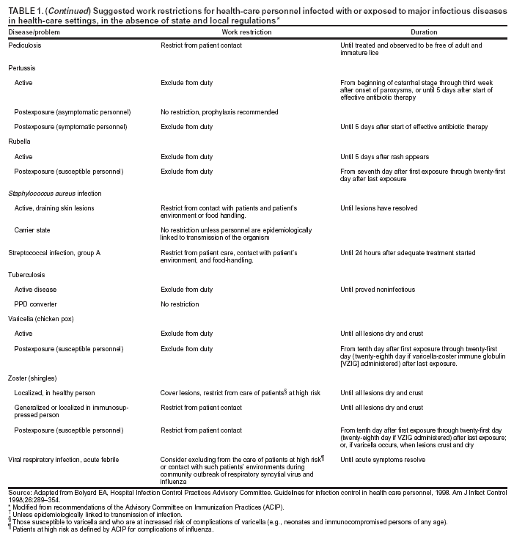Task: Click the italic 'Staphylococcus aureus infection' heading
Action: (x=54, y=193)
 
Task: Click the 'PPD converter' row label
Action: (x=36, y=304)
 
